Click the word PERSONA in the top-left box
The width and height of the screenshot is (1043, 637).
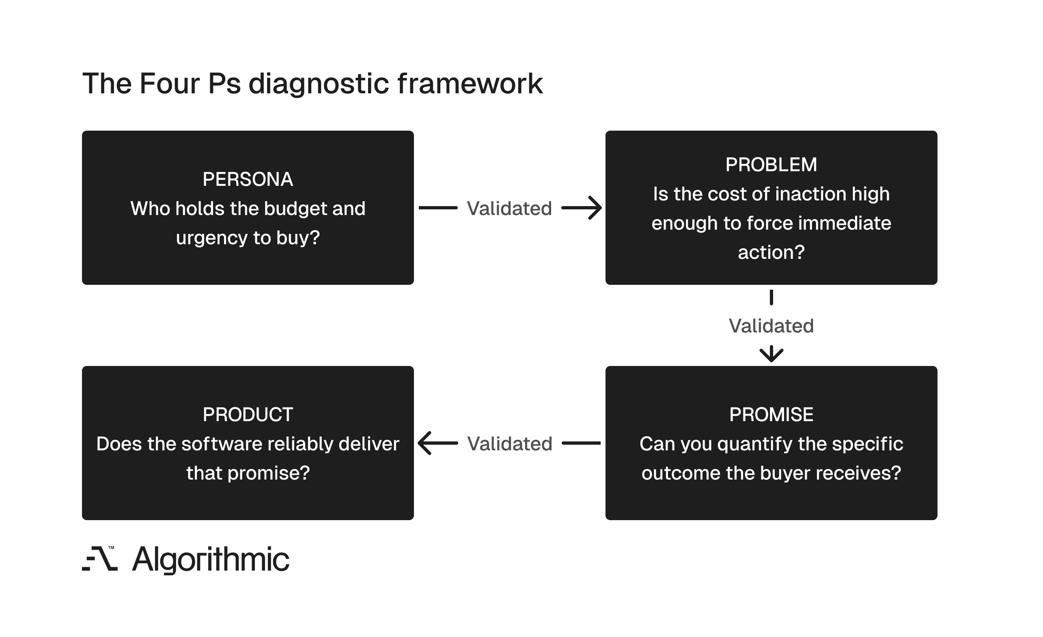pos(248,179)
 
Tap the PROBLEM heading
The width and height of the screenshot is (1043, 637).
pos(771,165)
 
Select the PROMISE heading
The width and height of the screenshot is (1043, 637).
pos(771,414)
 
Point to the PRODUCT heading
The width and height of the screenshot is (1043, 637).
pos(248,414)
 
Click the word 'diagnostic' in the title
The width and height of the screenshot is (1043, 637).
pos(318,84)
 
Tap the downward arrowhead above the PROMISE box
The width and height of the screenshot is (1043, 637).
pos(771,354)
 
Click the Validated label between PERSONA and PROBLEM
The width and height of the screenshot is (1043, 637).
pos(509,208)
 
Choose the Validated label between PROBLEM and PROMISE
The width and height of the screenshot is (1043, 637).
pos(771,326)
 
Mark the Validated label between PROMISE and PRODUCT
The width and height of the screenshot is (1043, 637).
pos(510,443)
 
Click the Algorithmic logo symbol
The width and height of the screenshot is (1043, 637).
pos(100,559)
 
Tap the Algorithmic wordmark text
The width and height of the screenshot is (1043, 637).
pos(210,560)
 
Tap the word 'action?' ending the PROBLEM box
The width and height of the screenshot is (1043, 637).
pos(771,253)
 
